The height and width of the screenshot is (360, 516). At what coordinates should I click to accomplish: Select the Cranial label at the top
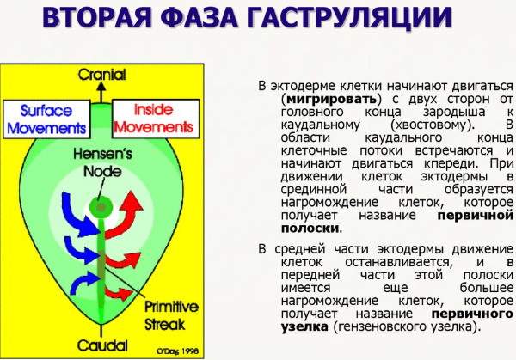click(101, 75)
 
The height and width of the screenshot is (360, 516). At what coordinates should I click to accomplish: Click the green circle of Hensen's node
click(101, 207)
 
